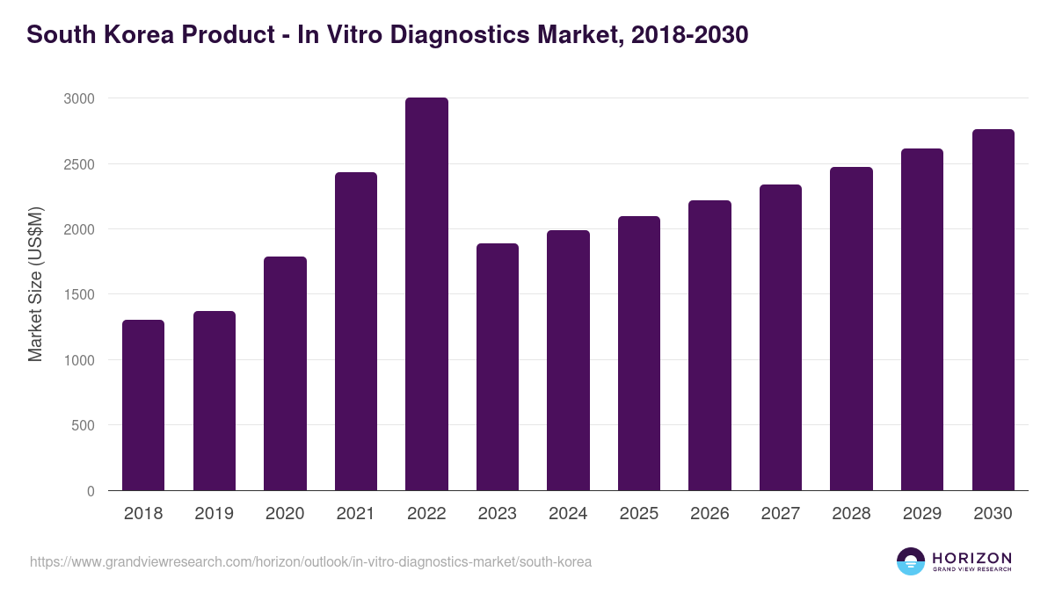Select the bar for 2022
pyautogui.click(x=426, y=294)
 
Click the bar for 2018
pyautogui.click(x=143, y=405)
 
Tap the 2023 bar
pyautogui.click(x=498, y=367)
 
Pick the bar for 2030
pyautogui.click(x=993, y=310)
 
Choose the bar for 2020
pyautogui.click(x=285, y=373)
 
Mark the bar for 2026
pyautogui.click(x=709, y=345)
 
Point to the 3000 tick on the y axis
pyautogui.click(x=79, y=98)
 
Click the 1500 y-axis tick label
pyautogui.click(x=79, y=294)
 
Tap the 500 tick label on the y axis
pyautogui.click(x=84, y=425)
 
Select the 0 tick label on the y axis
pyautogui.click(x=91, y=491)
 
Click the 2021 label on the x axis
pyautogui.click(x=356, y=513)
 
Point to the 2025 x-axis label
pyautogui.click(x=639, y=513)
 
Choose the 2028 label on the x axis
pyautogui.click(x=851, y=513)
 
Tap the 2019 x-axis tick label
pyautogui.click(x=214, y=513)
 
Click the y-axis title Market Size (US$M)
pyautogui.click(x=35, y=284)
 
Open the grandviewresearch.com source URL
pyautogui.click(x=310, y=561)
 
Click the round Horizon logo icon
pyautogui.click(x=911, y=561)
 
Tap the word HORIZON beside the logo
pyautogui.click(x=971, y=557)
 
